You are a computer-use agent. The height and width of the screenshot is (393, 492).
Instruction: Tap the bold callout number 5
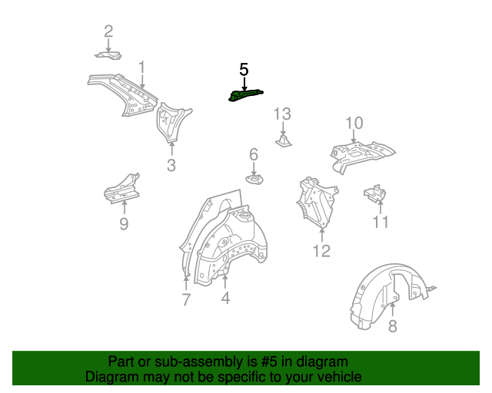click(244, 70)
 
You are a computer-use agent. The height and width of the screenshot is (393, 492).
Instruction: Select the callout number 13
click(282, 114)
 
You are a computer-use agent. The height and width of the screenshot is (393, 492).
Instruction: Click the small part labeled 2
click(108, 55)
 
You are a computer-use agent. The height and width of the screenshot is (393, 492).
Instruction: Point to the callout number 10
click(354, 123)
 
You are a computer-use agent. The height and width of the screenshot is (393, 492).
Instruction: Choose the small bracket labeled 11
click(375, 193)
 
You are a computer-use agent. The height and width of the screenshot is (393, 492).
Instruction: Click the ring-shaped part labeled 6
click(254, 180)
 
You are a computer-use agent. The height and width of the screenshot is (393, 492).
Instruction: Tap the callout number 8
click(393, 325)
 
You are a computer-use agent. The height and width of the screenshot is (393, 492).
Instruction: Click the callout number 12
click(321, 251)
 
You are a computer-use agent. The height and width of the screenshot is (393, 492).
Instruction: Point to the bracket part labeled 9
click(122, 190)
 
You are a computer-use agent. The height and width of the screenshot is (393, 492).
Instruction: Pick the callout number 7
click(186, 299)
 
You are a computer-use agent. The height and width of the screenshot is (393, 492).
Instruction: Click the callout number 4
click(225, 298)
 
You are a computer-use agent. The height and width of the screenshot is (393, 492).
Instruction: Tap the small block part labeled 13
click(284, 141)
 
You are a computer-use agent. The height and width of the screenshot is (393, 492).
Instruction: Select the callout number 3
click(171, 165)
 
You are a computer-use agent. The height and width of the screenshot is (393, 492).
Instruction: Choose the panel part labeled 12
click(317, 202)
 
